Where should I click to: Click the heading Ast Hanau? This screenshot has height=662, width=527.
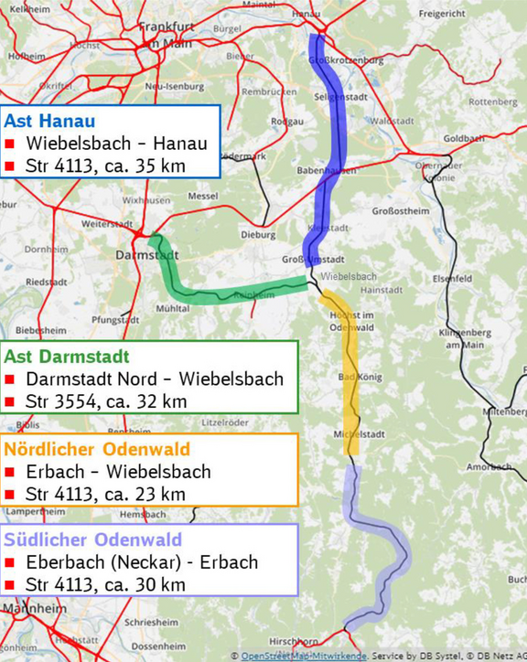[50, 121]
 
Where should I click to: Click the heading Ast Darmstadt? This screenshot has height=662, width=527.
[67, 356]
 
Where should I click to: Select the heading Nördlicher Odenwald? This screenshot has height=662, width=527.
[97, 449]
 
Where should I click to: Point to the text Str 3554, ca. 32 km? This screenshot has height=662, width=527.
[106, 400]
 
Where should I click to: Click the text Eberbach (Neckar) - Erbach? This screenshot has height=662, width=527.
[142, 561]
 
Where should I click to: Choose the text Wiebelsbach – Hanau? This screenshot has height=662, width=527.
[116, 144]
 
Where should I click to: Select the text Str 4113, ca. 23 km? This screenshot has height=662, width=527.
[106, 494]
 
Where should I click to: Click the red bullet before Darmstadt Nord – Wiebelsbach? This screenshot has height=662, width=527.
[10, 379]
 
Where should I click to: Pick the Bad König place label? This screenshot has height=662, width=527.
[360, 377]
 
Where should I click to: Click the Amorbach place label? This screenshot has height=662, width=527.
[488, 466]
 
